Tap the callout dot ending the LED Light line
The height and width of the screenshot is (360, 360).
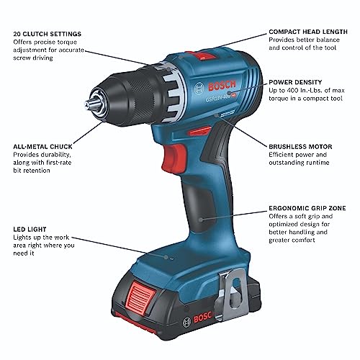click(x=171, y=256)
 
